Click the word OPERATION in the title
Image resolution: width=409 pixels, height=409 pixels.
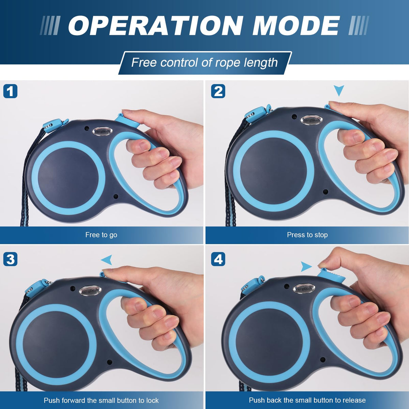(155, 26)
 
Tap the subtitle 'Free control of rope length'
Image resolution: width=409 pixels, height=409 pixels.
(204, 63)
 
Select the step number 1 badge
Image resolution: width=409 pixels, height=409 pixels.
(10, 91)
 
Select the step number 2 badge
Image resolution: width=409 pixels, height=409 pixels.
(218, 91)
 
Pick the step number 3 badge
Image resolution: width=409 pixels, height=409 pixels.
(10, 259)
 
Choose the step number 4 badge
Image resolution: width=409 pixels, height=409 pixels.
(218, 259)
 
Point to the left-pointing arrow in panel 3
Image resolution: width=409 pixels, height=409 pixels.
(107, 260)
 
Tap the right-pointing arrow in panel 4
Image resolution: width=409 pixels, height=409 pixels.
(306, 267)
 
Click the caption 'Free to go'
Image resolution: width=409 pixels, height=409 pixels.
(101, 235)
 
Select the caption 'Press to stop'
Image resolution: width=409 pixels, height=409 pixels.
(307, 235)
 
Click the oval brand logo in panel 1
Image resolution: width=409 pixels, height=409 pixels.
(102, 131)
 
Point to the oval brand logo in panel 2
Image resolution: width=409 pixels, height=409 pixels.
(312, 120)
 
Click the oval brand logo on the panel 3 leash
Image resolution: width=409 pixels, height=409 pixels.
(90, 291)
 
